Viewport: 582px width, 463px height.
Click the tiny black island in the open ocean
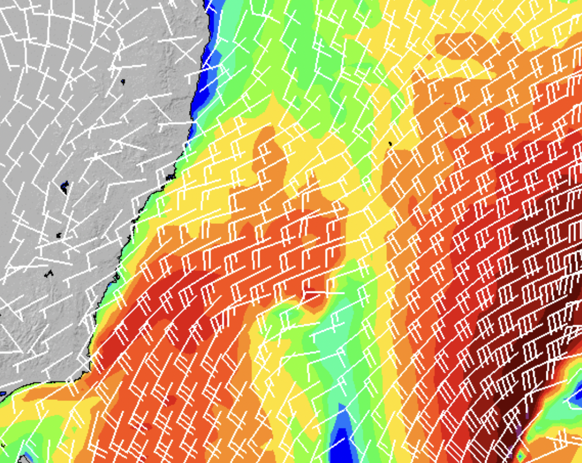[390, 144]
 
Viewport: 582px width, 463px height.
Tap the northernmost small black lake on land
[123, 81]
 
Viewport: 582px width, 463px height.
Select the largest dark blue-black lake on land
[65, 187]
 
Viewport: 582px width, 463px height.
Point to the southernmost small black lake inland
[49, 273]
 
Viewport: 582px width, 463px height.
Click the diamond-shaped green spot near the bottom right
[520, 455]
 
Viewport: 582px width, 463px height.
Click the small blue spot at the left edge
[3, 393]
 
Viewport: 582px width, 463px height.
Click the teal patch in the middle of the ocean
[334, 340]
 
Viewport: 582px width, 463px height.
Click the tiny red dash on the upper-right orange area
[447, 103]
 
